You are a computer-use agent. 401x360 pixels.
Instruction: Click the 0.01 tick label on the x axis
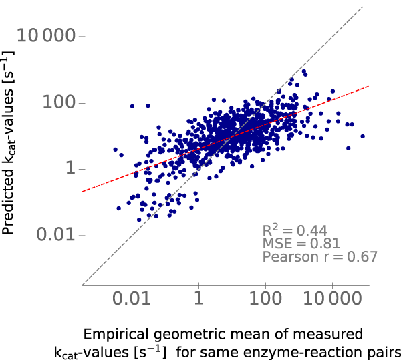pos(132,301)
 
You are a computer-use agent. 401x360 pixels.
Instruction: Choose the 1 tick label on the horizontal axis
pos(198,301)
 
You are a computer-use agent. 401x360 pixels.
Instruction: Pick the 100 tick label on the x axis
pos(265,301)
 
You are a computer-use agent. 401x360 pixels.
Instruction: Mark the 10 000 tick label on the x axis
pos(332,301)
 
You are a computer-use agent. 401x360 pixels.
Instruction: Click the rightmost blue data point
pos(363,136)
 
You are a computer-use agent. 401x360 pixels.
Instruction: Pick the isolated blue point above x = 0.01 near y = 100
pos(132,106)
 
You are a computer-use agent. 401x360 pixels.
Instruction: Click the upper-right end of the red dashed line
pos(368,85)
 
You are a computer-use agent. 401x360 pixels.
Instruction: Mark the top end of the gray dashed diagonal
pos(362,7)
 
